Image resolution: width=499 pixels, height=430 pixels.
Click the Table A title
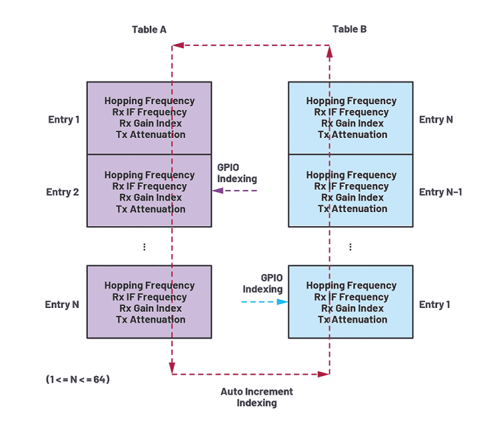[x=149, y=29]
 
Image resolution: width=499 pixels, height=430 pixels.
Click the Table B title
[x=349, y=29]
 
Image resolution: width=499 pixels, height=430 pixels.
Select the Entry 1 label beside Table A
[x=64, y=120]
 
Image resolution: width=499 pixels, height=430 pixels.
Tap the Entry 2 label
[x=63, y=192]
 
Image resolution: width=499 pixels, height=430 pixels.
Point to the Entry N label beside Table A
[x=62, y=305]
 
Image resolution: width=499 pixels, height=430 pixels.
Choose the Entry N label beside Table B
[x=436, y=120]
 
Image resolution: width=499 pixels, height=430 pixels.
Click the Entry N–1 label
[x=440, y=192]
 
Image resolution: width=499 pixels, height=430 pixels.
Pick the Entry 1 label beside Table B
[x=434, y=305]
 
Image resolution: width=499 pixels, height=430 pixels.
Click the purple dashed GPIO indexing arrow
[x=234, y=191]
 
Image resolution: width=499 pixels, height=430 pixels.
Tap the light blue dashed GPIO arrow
[x=264, y=302]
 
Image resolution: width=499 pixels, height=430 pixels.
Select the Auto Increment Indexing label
[x=257, y=397]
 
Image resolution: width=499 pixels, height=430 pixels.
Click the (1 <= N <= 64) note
[x=78, y=379]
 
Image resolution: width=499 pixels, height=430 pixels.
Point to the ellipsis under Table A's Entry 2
[x=144, y=247]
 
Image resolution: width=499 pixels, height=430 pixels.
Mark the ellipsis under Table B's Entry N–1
[x=350, y=247]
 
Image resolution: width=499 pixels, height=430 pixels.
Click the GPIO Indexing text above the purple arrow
[x=237, y=173]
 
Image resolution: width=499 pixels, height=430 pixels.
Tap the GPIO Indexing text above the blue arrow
[x=263, y=284]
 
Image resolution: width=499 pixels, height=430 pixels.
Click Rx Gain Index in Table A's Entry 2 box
[x=150, y=197]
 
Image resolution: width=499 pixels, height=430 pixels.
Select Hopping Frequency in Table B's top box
[x=351, y=101]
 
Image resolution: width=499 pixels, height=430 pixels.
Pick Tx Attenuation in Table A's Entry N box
[x=150, y=319]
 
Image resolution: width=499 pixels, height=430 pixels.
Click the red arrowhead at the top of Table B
[x=329, y=51]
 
